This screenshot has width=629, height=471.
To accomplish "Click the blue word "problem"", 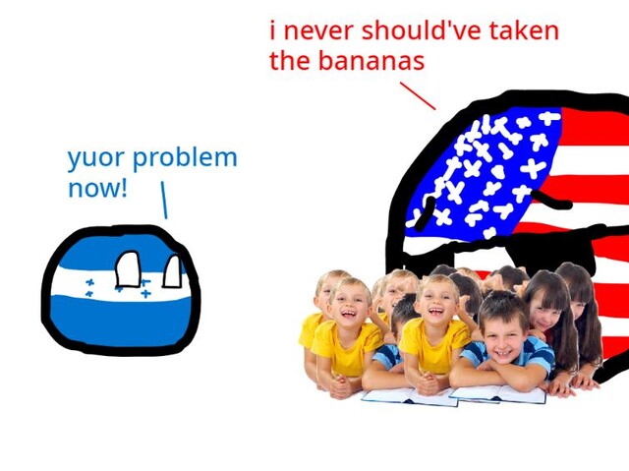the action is coord(185,157).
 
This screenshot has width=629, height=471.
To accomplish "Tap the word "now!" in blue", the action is coord(98,189).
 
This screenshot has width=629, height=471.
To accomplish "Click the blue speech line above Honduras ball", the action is coord(164,200).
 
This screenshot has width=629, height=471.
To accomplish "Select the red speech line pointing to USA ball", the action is coord(418,96).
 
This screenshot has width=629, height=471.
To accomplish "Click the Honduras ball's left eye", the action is coord(128,269).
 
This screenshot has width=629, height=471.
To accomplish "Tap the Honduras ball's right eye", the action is coord(173,271).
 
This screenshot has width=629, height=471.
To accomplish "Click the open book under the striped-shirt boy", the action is coord(498,393).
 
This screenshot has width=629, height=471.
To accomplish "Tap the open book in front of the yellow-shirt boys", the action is coord(409,396).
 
